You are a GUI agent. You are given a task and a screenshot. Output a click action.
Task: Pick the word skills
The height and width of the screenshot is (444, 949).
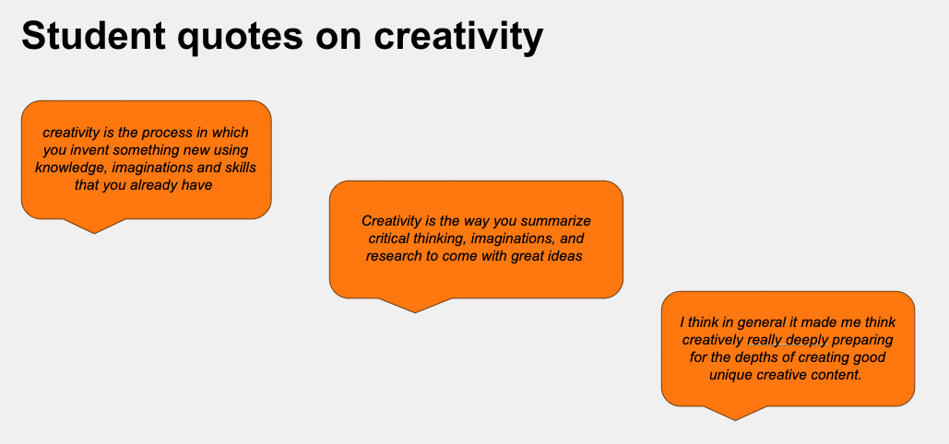coord(240,168)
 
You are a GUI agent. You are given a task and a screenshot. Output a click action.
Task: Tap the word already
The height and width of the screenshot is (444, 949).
coord(154,185)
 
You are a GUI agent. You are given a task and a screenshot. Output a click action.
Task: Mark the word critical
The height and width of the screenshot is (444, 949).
coord(388,239)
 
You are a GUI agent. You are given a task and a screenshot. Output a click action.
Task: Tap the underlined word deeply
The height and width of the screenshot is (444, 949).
coord(809,340)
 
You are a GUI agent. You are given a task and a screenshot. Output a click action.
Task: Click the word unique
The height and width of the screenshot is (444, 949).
coord(729,375)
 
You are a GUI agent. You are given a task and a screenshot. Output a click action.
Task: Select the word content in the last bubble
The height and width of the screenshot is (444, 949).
coord(838,375)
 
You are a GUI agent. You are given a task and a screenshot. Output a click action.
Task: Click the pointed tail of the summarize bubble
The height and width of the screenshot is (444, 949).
coord(415,312)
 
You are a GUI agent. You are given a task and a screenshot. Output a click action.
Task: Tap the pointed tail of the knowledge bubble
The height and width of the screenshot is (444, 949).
coord(94,233)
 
